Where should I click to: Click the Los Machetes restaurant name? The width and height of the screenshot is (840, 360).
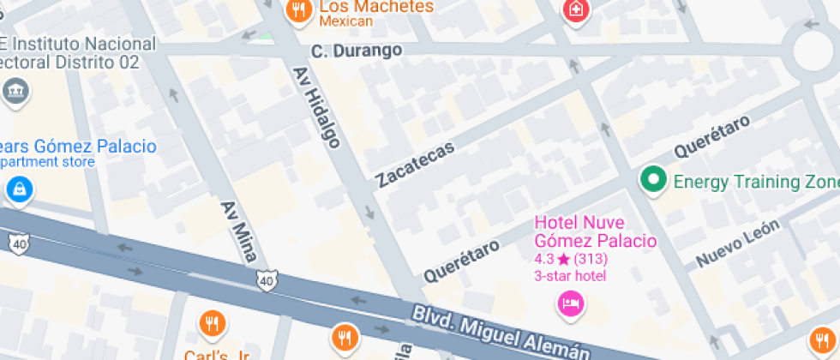[x=376, y=7]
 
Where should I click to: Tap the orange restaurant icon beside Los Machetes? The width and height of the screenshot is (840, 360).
[x=298, y=9]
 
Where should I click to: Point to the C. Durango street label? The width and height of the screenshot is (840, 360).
[x=357, y=51]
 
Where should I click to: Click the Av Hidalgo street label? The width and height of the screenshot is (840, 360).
[x=317, y=107]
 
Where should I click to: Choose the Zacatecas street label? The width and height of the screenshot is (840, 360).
[x=416, y=164]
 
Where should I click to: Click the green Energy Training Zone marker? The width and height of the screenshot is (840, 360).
[x=655, y=180]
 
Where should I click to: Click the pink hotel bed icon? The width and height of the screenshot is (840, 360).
[x=570, y=303]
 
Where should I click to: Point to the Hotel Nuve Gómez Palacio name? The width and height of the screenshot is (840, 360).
[x=595, y=231]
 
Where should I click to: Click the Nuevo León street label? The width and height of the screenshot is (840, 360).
[x=737, y=243]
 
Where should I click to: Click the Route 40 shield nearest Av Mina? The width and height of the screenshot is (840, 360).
[x=267, y=280]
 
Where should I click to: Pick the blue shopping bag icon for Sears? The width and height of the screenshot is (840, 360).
[x=18, y=189]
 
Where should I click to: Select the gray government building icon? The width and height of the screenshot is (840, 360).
[x=15, y=92]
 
